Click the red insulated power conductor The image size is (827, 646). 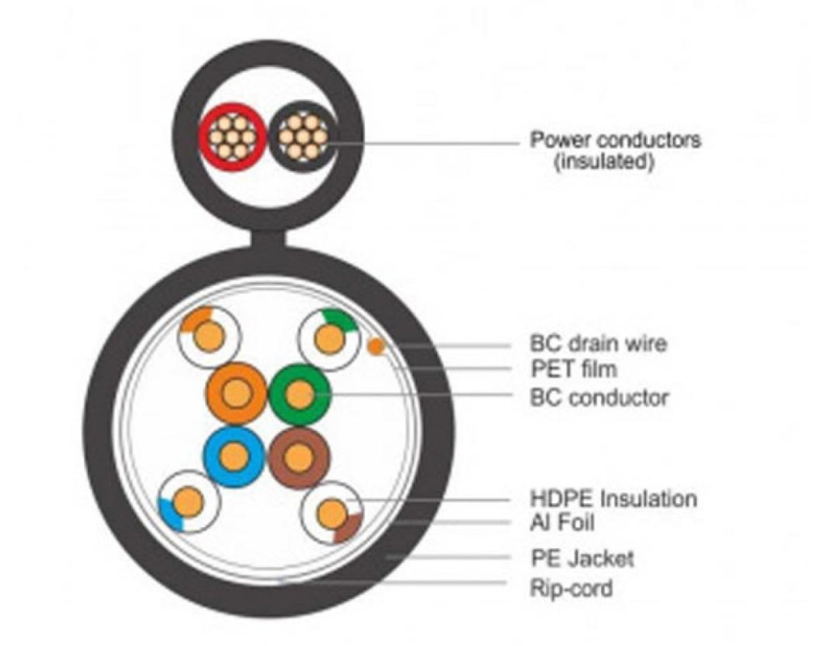click(x=230, y=136)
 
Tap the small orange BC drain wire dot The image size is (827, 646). click(x=376, y=346)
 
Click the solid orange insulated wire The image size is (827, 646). click(x=236, y=393)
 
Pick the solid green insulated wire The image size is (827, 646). click(x=300, y=394)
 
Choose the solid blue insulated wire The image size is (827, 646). click(x=233, y=457)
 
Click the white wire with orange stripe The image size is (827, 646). click(x=209, y=336)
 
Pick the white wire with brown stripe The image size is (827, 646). click(x=331, y=512)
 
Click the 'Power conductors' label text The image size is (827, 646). click(x=615, y=140)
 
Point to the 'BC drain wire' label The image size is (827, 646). click(x=598, y=344)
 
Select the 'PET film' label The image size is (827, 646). click(x=573, y=368)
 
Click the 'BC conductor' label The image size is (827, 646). click(x=599, y=396)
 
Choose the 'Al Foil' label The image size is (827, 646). click(x=562, y=523)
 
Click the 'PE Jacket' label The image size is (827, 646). click(x=581, y=558)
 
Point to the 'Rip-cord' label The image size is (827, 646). click(x=571, y=588)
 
